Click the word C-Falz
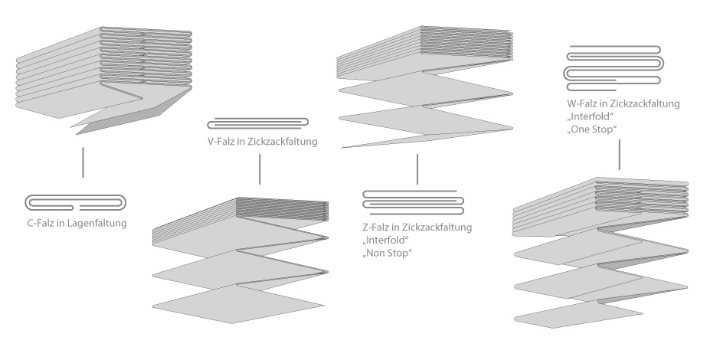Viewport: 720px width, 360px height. pyautogui.click(x=41, y=223)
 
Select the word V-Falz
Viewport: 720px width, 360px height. pyautogui.click(x=221, y=142)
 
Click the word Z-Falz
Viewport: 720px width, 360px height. pyautogui.click(x=375, y=227)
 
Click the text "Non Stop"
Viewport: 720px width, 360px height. pyautogui.click(x=387, y=253)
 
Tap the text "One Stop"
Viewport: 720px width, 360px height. pyautogui.click(x=592, y=129)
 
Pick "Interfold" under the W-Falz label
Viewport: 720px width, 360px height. pyautogui.click(x=591, y=116)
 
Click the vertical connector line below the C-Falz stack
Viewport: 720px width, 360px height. pyautogui.click(x=83, y=162)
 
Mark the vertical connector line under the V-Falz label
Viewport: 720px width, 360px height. pyautogui.click(x=260, y=169)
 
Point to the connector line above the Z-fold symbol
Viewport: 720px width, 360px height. pyautogui.click(x=417, y=169)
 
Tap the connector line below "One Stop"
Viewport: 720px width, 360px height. pyautogui.click(x=620, y=155)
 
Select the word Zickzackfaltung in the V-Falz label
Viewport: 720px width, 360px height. pyautogui.click(x=282, y=142)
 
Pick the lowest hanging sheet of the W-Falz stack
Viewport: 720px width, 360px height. pyautogui.click(x=578, y=314)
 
